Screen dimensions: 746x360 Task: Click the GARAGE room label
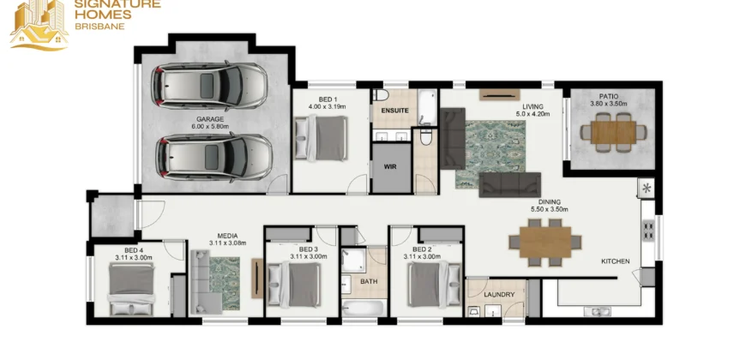pos(210,119)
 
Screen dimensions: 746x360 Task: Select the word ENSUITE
pos(395,111)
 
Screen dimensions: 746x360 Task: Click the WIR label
pos(391,167)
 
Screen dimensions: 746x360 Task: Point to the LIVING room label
pos(532,106)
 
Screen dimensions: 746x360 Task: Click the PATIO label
pos(609,96)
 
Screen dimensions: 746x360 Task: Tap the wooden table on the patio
pos(613,133)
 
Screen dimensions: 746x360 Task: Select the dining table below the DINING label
pos(545,242)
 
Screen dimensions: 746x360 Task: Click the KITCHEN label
pos(615,261)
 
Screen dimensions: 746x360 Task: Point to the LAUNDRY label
pos(499,294)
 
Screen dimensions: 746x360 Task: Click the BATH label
pos(369,281)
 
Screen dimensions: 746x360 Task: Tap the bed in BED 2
pos(434,285)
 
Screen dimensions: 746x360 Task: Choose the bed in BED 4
pos(132,289)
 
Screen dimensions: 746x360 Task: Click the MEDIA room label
pos(227,236)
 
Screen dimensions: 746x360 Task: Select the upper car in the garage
pos(209,86)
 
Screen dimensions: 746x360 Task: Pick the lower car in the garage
pos(214,157)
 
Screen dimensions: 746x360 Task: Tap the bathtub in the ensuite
pos(427,107)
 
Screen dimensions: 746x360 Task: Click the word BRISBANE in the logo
pos(100,27)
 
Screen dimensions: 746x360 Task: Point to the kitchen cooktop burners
pos(648,230)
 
